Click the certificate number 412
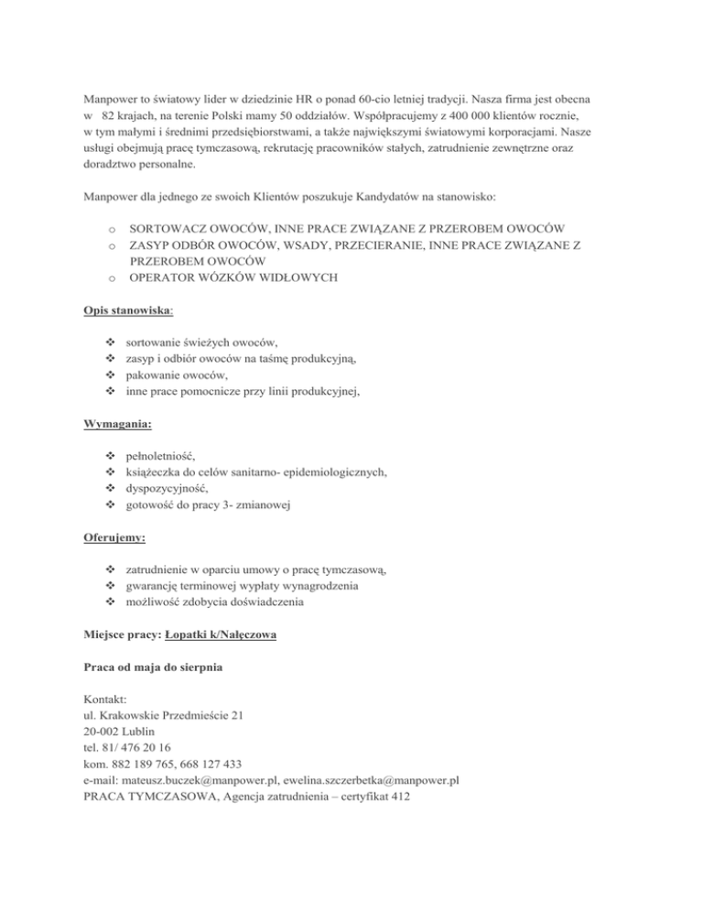(397, 797)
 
